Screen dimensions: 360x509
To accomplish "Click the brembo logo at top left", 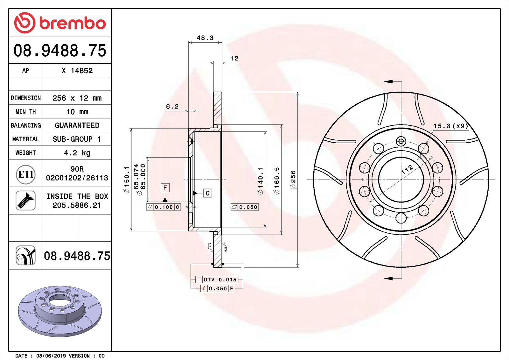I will click(x=60, y=23).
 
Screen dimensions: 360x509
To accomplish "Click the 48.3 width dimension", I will click(x=205, y=38).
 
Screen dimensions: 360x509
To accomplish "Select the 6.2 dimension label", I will click(x=172, y=107).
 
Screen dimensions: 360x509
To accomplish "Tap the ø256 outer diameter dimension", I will click(x=293, y=180).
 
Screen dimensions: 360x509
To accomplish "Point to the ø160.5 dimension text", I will click(x=276, y=180).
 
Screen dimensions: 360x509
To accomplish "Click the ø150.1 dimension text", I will click(x=127, y=180).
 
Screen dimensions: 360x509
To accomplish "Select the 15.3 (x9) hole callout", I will click(x=451, y=126).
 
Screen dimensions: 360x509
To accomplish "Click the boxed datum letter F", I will click(x=165, y=188).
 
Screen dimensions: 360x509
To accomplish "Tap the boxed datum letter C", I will click(x=207, y=193).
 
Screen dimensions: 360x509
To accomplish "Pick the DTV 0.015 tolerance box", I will click(x=217, y=279).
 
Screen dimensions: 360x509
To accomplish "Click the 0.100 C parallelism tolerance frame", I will click(x=164, y=207).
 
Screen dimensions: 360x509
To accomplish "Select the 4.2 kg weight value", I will click(x=77, y=153).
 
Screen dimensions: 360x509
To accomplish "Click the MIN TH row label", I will click(x=25, y=112).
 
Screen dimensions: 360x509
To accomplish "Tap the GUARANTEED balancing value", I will click(x=77, y=125).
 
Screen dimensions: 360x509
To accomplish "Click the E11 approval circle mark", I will click(x=25, y=174).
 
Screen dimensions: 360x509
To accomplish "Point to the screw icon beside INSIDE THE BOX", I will click(x=25, y=201).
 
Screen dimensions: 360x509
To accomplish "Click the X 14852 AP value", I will click(x=77, y=71).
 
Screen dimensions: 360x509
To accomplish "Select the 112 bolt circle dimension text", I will click(x=407, y=169).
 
